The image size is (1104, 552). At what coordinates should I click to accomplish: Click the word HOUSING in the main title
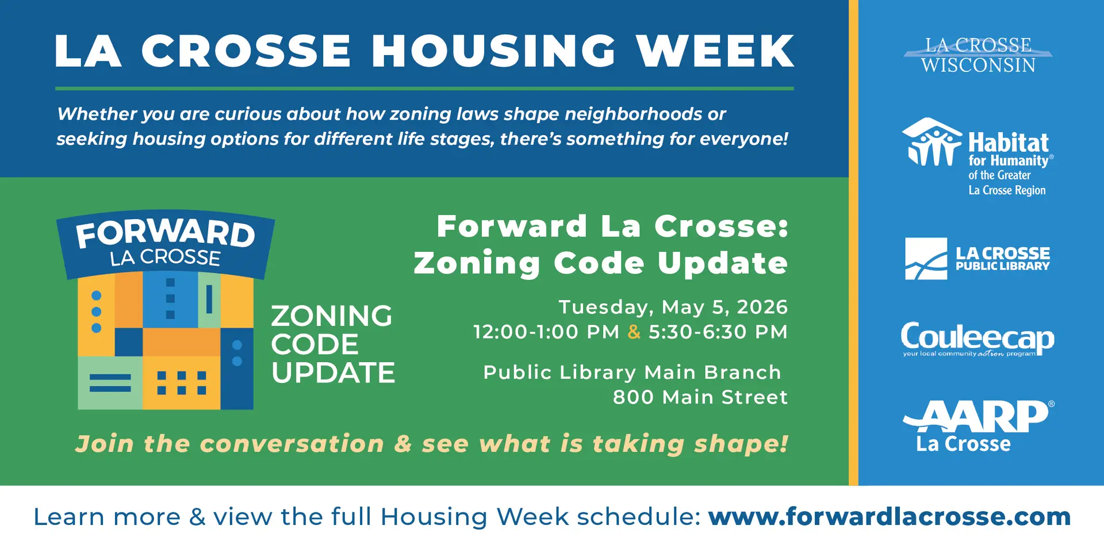[494, 51]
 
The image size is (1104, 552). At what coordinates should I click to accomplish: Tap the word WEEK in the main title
[715, 51]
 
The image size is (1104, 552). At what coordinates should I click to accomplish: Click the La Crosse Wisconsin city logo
[978, 55]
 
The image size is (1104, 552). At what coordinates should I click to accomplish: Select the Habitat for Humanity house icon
[931, 142]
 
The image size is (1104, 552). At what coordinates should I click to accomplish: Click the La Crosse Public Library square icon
[926, 259]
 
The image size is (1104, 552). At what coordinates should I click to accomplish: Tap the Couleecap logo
[977, 339]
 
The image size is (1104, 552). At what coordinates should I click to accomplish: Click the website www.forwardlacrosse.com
[889, 516]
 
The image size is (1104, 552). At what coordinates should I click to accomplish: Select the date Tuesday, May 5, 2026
[673, 307]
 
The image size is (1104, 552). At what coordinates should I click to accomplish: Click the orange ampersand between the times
[634, 332]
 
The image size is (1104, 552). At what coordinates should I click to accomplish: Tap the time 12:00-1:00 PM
[546, 332]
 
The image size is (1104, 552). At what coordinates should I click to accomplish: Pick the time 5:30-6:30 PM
[718, 332]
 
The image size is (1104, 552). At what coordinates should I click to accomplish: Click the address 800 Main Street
[700, 397]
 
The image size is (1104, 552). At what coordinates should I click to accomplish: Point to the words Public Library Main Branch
[632, 372]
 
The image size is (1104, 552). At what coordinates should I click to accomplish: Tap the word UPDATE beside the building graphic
[333, 373]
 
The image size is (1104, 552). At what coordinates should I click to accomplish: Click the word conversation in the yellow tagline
[292, 443]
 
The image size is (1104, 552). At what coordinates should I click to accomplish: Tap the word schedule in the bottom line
[638, 516]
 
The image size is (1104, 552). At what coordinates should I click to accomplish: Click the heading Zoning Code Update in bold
[600, 263]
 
